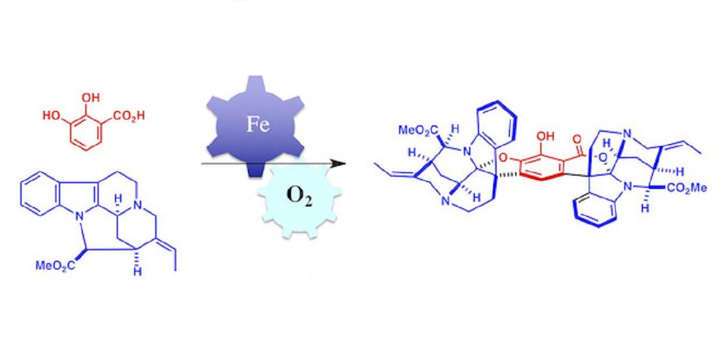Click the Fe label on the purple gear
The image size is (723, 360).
(258, 124)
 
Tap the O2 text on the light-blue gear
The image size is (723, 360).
(299, 196)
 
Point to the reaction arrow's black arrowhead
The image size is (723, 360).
(338, 163)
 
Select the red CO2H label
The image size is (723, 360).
(129, 116)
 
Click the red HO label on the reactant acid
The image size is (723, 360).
(51, 116)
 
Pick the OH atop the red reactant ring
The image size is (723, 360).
(90, 97)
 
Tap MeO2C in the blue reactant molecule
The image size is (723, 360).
(55, 265)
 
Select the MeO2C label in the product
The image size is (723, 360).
(418, 131)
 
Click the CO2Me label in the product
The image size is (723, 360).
(686, 188)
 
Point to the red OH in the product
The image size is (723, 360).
(546, 137)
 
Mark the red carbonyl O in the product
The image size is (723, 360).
(577, 139)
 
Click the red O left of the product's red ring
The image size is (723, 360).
(503, 158)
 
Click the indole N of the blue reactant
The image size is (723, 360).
(79, 216)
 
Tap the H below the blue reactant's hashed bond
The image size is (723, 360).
(138, 272)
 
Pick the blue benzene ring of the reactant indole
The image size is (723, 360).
(39, 194)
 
